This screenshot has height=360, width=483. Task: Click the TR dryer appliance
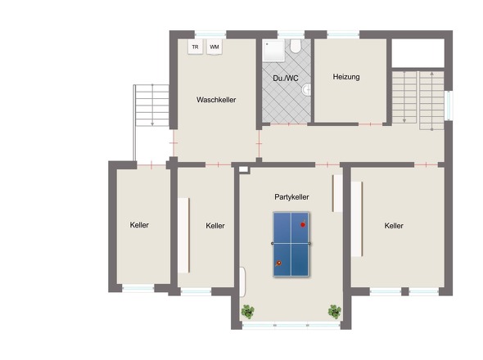196,47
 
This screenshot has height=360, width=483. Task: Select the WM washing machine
214,47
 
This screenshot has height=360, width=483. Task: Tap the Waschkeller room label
216,100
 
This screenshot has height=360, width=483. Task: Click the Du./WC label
286,79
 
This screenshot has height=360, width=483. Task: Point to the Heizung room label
346,77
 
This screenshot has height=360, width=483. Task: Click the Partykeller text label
291,197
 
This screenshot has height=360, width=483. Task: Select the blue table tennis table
291,244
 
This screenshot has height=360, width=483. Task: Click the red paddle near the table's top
303,224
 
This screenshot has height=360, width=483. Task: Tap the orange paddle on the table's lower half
278,263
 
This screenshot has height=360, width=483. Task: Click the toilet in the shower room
296,46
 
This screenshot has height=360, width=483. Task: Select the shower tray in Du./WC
274,51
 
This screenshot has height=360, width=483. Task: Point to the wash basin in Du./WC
307,90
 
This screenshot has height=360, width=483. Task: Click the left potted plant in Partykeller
248,312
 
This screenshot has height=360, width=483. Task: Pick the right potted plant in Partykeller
335,312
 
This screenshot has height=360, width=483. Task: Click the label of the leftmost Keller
139,225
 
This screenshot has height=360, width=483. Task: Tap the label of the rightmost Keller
394,226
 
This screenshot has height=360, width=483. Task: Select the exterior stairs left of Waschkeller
151,106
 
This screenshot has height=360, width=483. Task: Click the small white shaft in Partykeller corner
243,169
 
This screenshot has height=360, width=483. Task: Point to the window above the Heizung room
343,34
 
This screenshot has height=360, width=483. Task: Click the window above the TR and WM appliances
210,34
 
